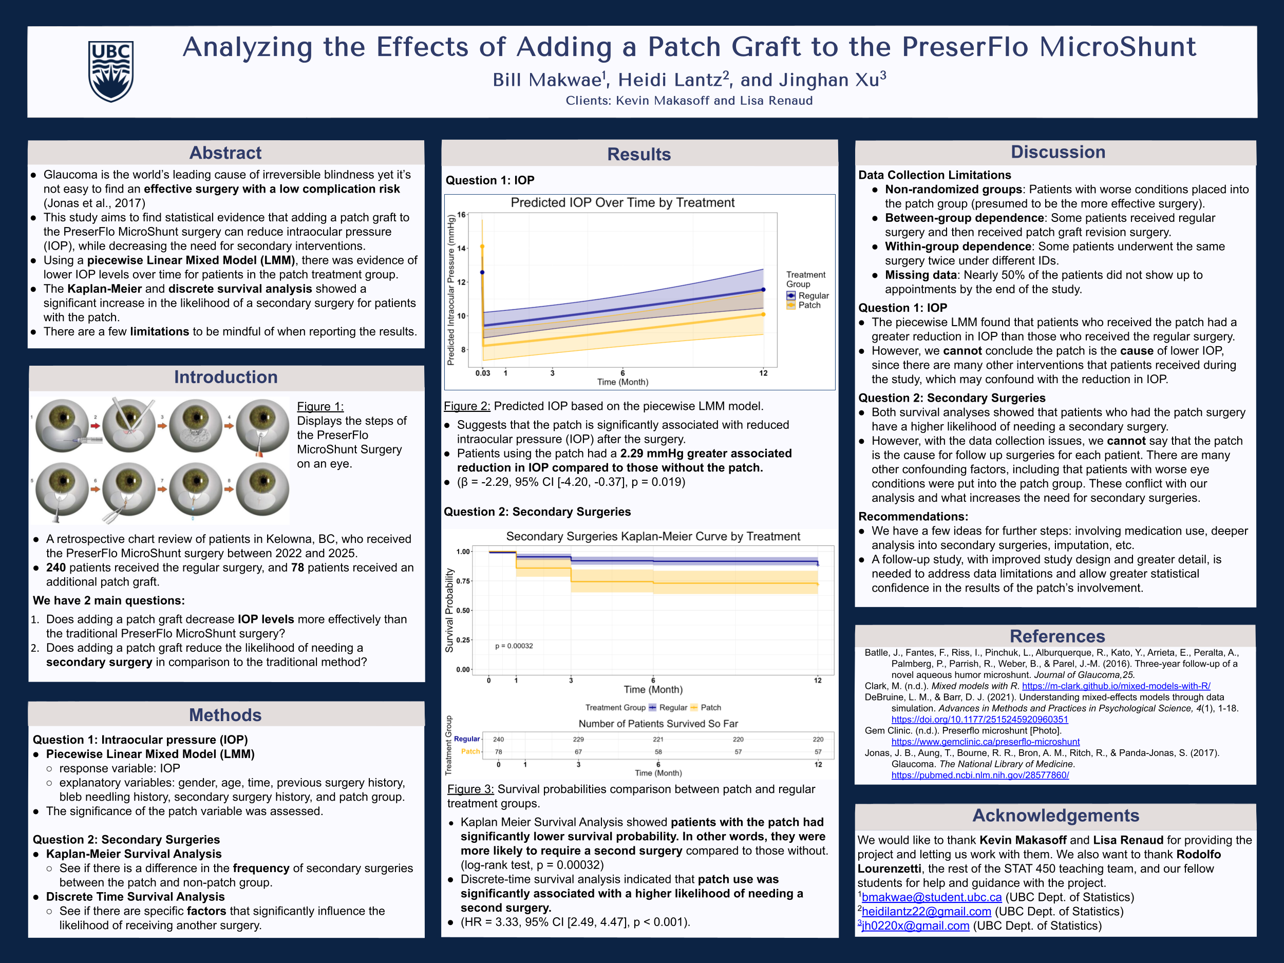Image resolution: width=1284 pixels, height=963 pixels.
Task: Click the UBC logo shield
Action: [111, 71]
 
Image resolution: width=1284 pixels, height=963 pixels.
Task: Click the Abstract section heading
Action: [225, 153]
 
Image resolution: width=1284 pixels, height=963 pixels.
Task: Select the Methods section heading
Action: [225, 714]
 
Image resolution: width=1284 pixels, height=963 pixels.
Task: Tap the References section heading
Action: [1057, 636]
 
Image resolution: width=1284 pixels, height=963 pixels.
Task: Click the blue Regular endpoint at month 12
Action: [763, 290]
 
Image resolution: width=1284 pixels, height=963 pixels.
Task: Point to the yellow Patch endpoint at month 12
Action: [763, 315]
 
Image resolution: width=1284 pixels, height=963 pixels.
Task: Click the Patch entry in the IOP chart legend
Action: [809, 305]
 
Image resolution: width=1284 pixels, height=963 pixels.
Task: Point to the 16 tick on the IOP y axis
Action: [462, 215]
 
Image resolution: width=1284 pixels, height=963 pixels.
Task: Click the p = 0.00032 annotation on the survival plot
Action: [514, 646]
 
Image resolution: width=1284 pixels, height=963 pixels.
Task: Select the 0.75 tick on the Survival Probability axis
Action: [463, 581]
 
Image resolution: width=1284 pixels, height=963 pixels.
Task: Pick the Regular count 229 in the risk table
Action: [578, 740]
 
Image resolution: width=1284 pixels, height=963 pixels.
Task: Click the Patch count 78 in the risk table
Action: [498, 752]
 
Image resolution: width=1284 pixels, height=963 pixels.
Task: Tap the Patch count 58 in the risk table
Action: [658, 752]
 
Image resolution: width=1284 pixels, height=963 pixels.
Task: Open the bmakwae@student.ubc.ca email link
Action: [931, 897]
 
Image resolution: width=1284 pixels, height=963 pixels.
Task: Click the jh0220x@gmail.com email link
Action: [915, 926]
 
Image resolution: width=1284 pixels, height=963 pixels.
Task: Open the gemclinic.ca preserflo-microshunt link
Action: [985, 742]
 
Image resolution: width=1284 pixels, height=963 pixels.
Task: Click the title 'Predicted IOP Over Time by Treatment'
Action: [622, 202]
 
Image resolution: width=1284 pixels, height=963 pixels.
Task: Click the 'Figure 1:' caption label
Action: [320, 406]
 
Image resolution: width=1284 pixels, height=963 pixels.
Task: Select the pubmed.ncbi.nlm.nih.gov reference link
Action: [980, 775]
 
